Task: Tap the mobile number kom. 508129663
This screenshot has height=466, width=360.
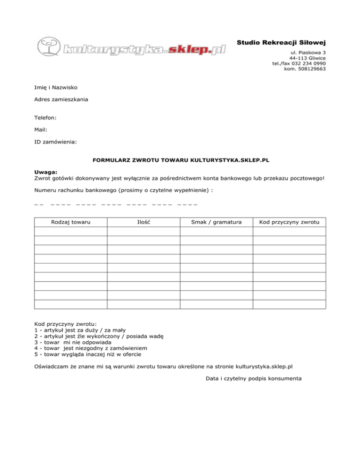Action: tap(305, 69)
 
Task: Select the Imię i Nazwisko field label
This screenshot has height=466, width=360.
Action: tap(56, 87)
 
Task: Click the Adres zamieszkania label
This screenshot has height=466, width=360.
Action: tap(61, 99)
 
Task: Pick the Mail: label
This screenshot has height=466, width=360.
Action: tap(41, 129)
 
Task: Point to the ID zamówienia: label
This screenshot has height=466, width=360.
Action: tap(56, 141)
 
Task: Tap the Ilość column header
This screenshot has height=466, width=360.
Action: tap(143, 221)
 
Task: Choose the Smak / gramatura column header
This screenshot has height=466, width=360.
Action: tap(217, 221)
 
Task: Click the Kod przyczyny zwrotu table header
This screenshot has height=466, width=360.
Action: tap(289, 221)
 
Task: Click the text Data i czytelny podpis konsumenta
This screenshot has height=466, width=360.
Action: tap(253, 378)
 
